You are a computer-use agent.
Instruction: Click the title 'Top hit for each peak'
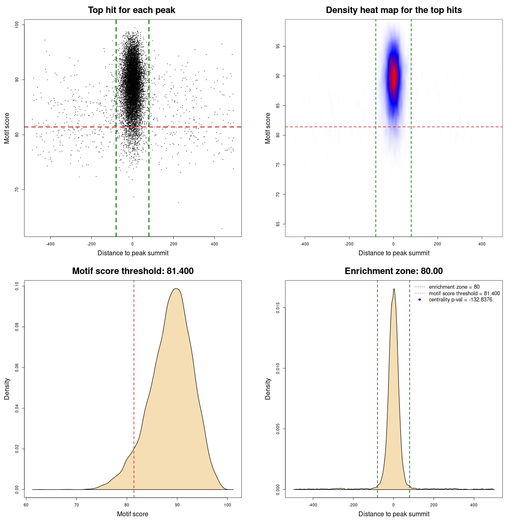(131, 10)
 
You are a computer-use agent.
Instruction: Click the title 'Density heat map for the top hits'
(394, 10)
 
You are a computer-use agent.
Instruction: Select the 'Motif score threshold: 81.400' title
(133, 271)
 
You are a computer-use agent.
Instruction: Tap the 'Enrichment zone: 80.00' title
(394, 271)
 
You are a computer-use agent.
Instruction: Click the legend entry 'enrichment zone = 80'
(454, 287)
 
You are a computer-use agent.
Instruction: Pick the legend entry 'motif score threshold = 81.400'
(464, 293)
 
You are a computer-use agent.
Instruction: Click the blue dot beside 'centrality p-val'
(420, 300)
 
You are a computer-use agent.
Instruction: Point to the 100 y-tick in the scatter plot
(17, 25)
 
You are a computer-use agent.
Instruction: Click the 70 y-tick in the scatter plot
(17, 190)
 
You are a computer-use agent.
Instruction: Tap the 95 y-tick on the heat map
(278, 46)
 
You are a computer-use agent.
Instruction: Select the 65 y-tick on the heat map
(278, 224)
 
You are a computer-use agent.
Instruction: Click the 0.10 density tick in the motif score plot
(17, 286)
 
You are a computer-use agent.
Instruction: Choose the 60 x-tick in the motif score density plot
(26, 505)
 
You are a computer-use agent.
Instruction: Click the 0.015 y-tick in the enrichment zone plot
(278, 308)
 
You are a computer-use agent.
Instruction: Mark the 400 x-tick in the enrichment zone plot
(473, 505)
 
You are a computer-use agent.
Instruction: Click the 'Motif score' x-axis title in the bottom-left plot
(133, 514)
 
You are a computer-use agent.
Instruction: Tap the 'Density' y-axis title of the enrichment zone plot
(268, 389)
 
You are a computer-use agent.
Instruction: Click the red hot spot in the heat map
(394, 75)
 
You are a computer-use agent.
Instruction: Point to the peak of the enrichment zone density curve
(394, 289)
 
